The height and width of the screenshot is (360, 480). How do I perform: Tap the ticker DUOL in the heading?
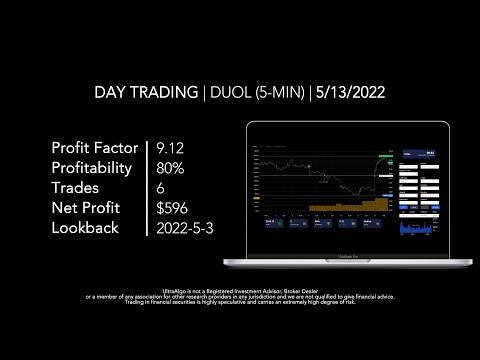tap(226, 93)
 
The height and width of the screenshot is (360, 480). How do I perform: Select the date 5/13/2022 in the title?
tap(351, 93)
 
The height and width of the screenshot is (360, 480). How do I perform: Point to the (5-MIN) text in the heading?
tap(276, 93)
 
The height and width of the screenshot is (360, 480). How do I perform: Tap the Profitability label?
tap(92, 168)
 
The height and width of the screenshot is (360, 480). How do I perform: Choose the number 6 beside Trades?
tap(163, 188)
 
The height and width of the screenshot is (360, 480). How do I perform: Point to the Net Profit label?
tap(87, 208)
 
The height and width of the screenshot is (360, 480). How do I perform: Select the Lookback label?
tap(85, 227)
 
